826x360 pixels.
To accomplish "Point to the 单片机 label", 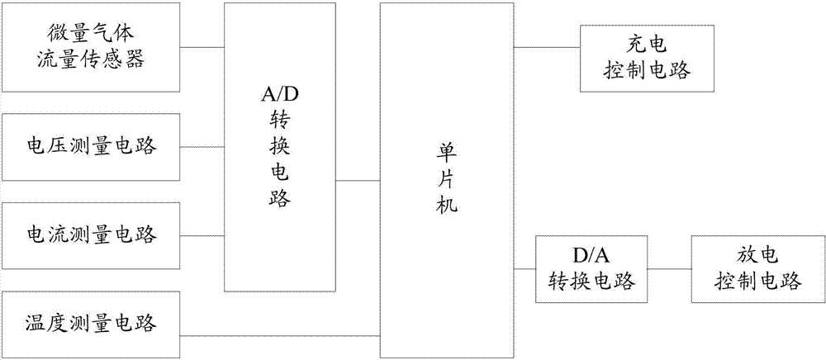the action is click(x=446, y=177).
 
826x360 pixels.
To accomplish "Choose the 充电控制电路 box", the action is click(x=646, y=58).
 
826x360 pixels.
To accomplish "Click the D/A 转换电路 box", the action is click(x=591, y=269).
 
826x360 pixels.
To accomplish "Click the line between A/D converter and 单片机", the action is click(x=357, y=180).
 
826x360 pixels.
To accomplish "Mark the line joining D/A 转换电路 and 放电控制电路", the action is click(x=668, y=269).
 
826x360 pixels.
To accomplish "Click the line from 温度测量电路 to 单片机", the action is click(x=281, y=336).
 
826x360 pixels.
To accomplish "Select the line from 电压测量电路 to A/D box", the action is click(x=203, y=147).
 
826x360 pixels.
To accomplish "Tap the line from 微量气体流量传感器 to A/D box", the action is click(x=203, y=47).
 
